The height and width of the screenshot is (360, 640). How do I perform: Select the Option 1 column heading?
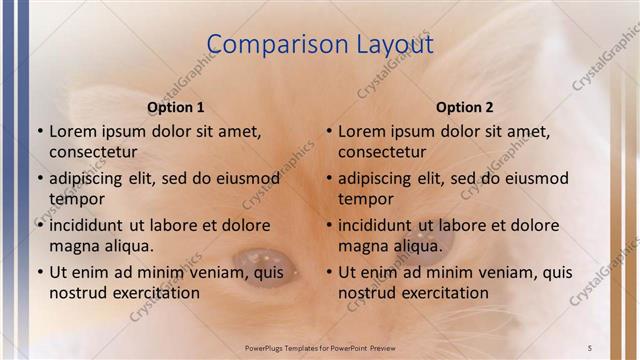[176, 107]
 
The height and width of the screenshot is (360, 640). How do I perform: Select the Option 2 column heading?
[465, 107]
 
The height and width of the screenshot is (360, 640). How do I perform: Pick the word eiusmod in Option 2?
[533, 178]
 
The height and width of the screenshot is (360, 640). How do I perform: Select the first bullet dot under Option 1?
[39, 131]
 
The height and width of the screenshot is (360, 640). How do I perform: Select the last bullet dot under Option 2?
[328, 272]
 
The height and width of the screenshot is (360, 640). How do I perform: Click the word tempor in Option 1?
[74, 199]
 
